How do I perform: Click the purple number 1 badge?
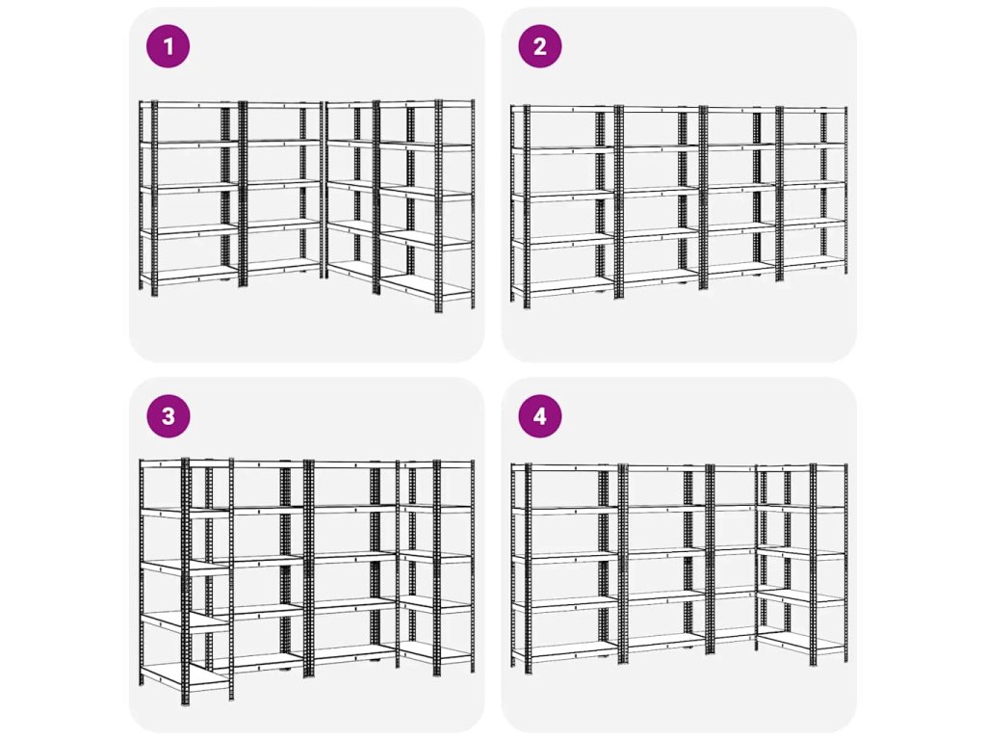[168, 46]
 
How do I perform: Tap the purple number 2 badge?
[540, 46]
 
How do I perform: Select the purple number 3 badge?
[168, 416]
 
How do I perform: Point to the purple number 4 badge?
[540, 416]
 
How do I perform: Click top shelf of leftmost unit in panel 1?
[189, 104]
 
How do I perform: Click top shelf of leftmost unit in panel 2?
[562, 110]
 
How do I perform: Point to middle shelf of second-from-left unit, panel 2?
[661, 192]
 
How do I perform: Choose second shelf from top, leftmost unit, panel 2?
[562, 150]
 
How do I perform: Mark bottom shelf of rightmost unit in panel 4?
[802, 643]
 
